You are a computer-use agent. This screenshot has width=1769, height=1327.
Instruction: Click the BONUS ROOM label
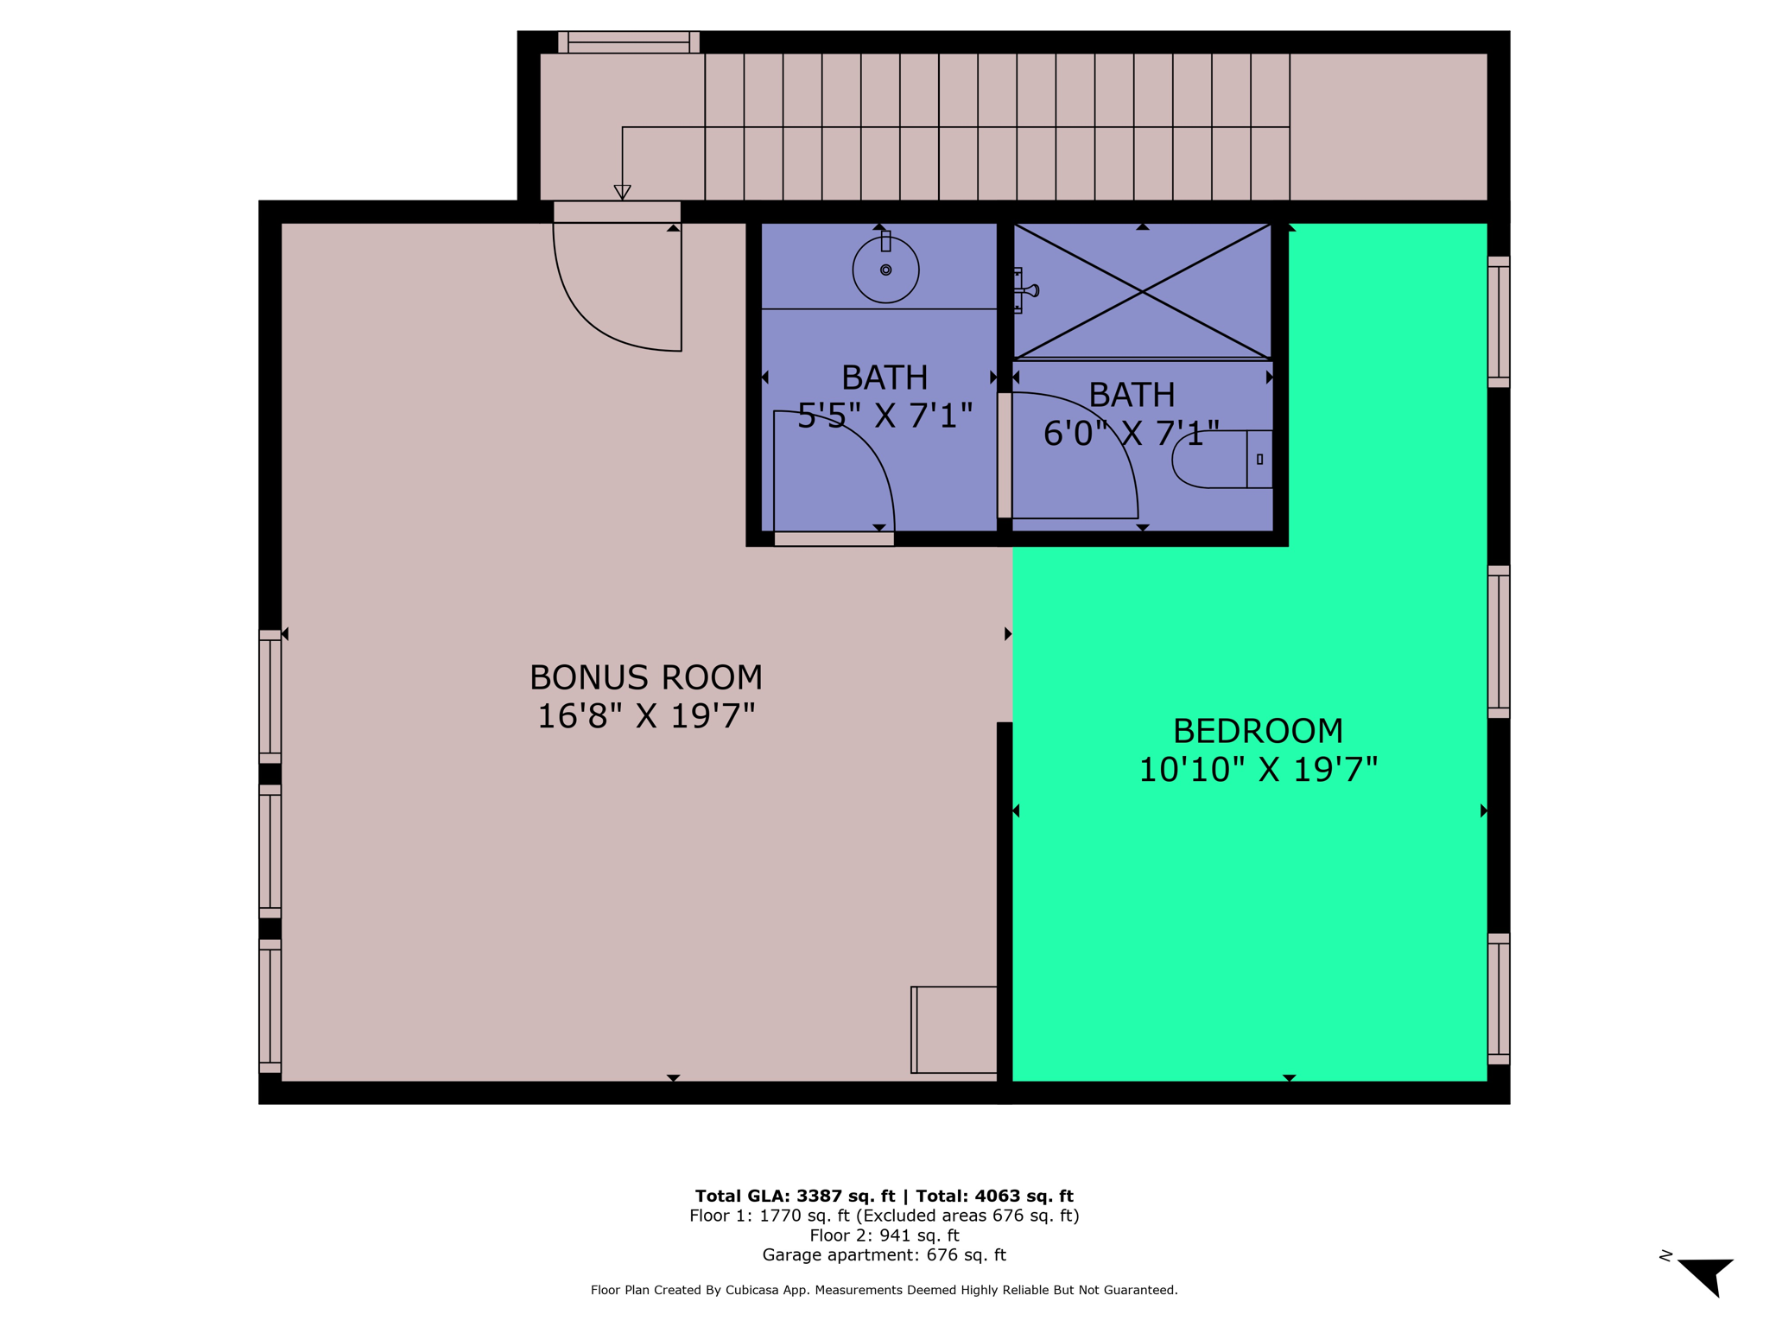[x=645, y=677]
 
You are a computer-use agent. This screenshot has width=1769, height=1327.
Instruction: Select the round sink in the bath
[x=885, y=270]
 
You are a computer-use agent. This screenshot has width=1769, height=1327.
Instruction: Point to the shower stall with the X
[x=1142, y=291]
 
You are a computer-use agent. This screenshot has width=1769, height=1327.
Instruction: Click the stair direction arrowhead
[x=622, y=193]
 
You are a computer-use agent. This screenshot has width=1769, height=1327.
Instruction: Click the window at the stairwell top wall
[x=628, y=42]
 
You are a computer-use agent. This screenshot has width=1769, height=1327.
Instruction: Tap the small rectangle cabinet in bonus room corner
[x=954, y=1030]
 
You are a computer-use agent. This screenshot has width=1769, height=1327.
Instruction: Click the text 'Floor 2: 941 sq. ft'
[x=884, y=1235]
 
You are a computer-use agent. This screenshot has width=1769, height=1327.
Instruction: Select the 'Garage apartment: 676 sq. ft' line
[x=884, y=1255]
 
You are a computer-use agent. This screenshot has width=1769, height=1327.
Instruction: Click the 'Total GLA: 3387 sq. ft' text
[x=795, y=1197]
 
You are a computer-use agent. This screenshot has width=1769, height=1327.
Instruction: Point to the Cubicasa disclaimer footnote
[x=884, y=1290]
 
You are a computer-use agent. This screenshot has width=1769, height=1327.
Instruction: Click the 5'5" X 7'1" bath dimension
[x=884, y=416]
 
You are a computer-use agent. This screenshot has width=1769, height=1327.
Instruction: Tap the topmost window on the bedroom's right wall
[x=1499, y=321]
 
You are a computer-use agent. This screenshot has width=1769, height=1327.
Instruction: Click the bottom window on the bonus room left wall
[x=270, y=1006]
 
